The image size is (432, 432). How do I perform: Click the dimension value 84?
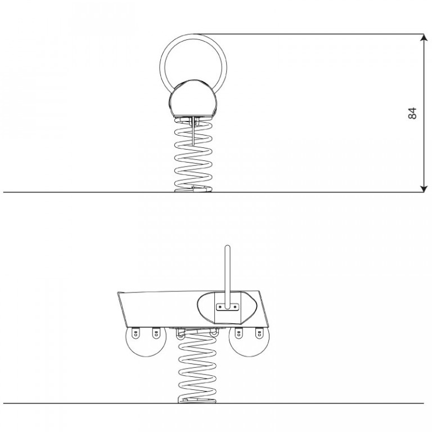412,113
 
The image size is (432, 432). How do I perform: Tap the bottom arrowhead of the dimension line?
424,188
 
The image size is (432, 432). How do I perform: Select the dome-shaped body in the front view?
193,100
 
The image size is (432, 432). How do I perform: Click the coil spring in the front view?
193,154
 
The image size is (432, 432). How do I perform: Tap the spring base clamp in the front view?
193,189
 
